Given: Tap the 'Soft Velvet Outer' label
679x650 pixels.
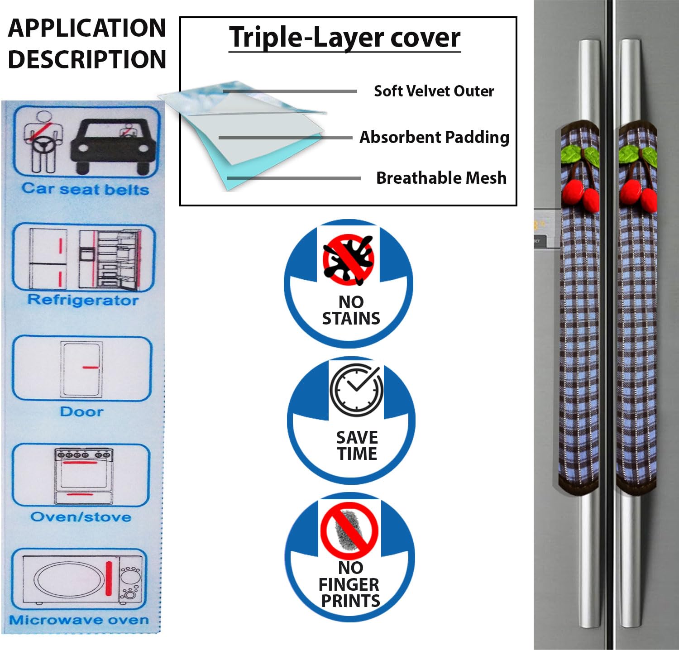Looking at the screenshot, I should tap(434, 91).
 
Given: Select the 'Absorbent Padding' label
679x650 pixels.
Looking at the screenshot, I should tap(434, 137).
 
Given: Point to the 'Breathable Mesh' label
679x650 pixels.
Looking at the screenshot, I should tap(441, 178).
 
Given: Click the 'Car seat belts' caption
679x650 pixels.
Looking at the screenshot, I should tap(85, 189).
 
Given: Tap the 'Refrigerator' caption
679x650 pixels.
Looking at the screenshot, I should tap(83, 300).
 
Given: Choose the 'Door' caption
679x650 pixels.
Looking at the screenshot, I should tap(81, 411).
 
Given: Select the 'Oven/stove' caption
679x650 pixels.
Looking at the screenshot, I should tap(81, 517).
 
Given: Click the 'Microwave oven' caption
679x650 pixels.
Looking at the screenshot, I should tap(79, 620).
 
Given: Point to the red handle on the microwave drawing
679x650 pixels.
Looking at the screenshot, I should tap(109, 578).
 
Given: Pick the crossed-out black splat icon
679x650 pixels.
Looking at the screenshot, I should tap(348, 260).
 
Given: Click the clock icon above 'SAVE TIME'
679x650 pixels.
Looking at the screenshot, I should tap(356, 389).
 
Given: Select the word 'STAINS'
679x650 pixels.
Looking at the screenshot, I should tap(351, 319).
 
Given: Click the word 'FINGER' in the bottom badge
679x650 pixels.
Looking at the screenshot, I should tap(349, 584).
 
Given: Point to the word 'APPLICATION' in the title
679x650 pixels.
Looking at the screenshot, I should tap(87, 28).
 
